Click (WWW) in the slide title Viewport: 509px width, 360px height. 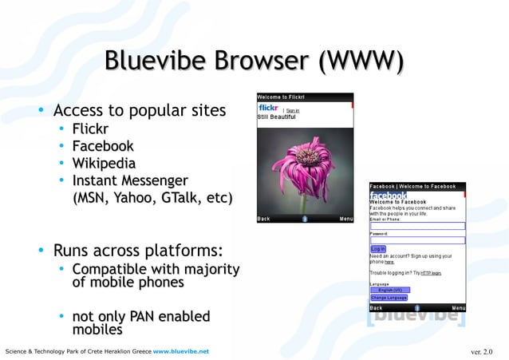pyautogui.click(x=359, y=61)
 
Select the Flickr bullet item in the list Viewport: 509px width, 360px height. pyautogui.click(x=90, y=129)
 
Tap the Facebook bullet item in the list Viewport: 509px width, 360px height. pyautogui.click(x=103, y=146)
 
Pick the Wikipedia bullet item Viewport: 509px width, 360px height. pyautogui.click(x=104, y=164)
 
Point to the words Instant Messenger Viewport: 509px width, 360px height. pyautogui.click(x=130, y=180)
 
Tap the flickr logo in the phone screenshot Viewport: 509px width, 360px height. pyautogui.click(x=268, y=108)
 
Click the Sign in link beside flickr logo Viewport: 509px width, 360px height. pyautogui.click(x=293, y=110)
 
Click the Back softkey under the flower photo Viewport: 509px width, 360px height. pyautogui.click(x=263, y=218)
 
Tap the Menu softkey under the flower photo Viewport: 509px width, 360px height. pyautogui.click(x=346, y=218)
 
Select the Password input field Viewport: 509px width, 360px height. pyautogui.click(x=416, y=239)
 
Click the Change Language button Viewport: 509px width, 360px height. pyautogui.click(x=389, y=297)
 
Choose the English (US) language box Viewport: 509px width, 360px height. pyautogui.click(x=389, y=290)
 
